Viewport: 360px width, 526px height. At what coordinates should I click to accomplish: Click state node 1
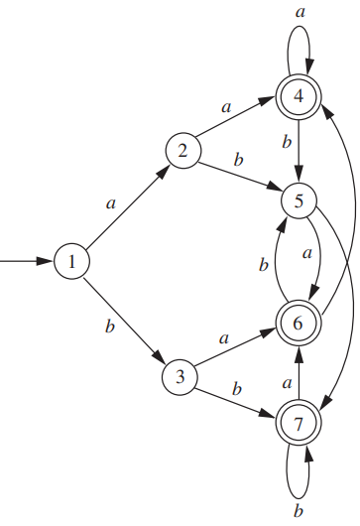pos(73,262)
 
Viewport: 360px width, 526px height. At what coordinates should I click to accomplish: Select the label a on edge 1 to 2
pos(111,201)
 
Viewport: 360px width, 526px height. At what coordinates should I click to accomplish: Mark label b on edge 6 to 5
pos(263,265)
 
